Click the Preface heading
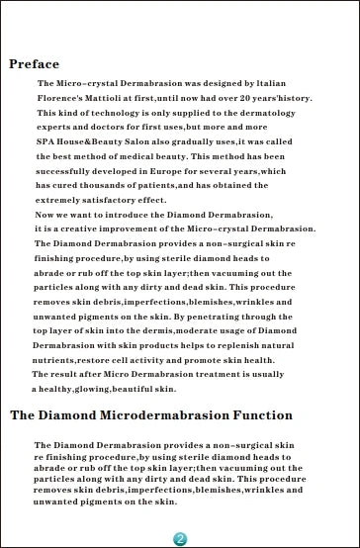pyautogui.click(x=34, y=65)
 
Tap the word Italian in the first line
pyautogui.click(x=287, y=84)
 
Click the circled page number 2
pyautogui.click(x=180, y=538)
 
